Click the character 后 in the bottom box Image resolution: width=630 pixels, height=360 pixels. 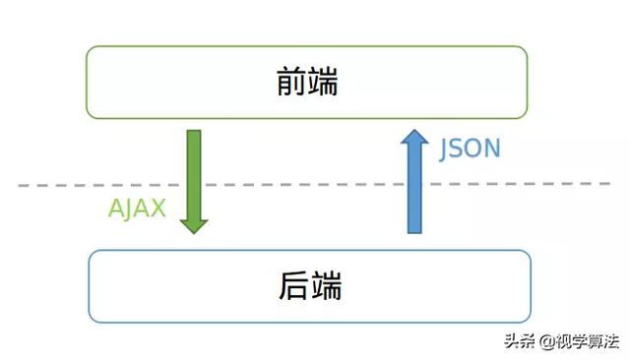tap(292, 287)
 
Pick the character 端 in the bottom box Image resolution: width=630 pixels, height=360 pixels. tap(325, 287)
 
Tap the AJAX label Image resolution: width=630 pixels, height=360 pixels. tap(137, 209)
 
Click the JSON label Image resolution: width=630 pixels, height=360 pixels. tap(471, 150)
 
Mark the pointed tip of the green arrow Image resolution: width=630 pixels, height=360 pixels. tap(194, 231)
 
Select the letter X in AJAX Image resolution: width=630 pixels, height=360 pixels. tap(157, 209)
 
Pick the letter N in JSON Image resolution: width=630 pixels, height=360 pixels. tap(492, 150)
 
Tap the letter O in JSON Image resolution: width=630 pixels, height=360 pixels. tap(475, 150)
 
